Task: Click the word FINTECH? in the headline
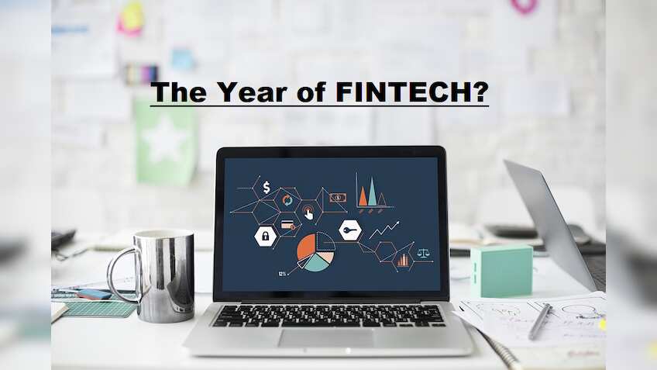point(412,92)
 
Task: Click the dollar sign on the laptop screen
point(267,187)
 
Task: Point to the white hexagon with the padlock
point(265,236)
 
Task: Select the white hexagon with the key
point(350,230)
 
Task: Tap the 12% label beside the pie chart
point(283,274)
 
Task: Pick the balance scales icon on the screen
point(424,253)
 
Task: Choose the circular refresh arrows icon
point(287,199)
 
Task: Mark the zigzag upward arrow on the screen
point(384,230)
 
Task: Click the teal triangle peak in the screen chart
point(373,192)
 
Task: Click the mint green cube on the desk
point(501,271)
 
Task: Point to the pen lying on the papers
point(540,320)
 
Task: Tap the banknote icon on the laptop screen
point(336,198)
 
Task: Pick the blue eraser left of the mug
point(94,294)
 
